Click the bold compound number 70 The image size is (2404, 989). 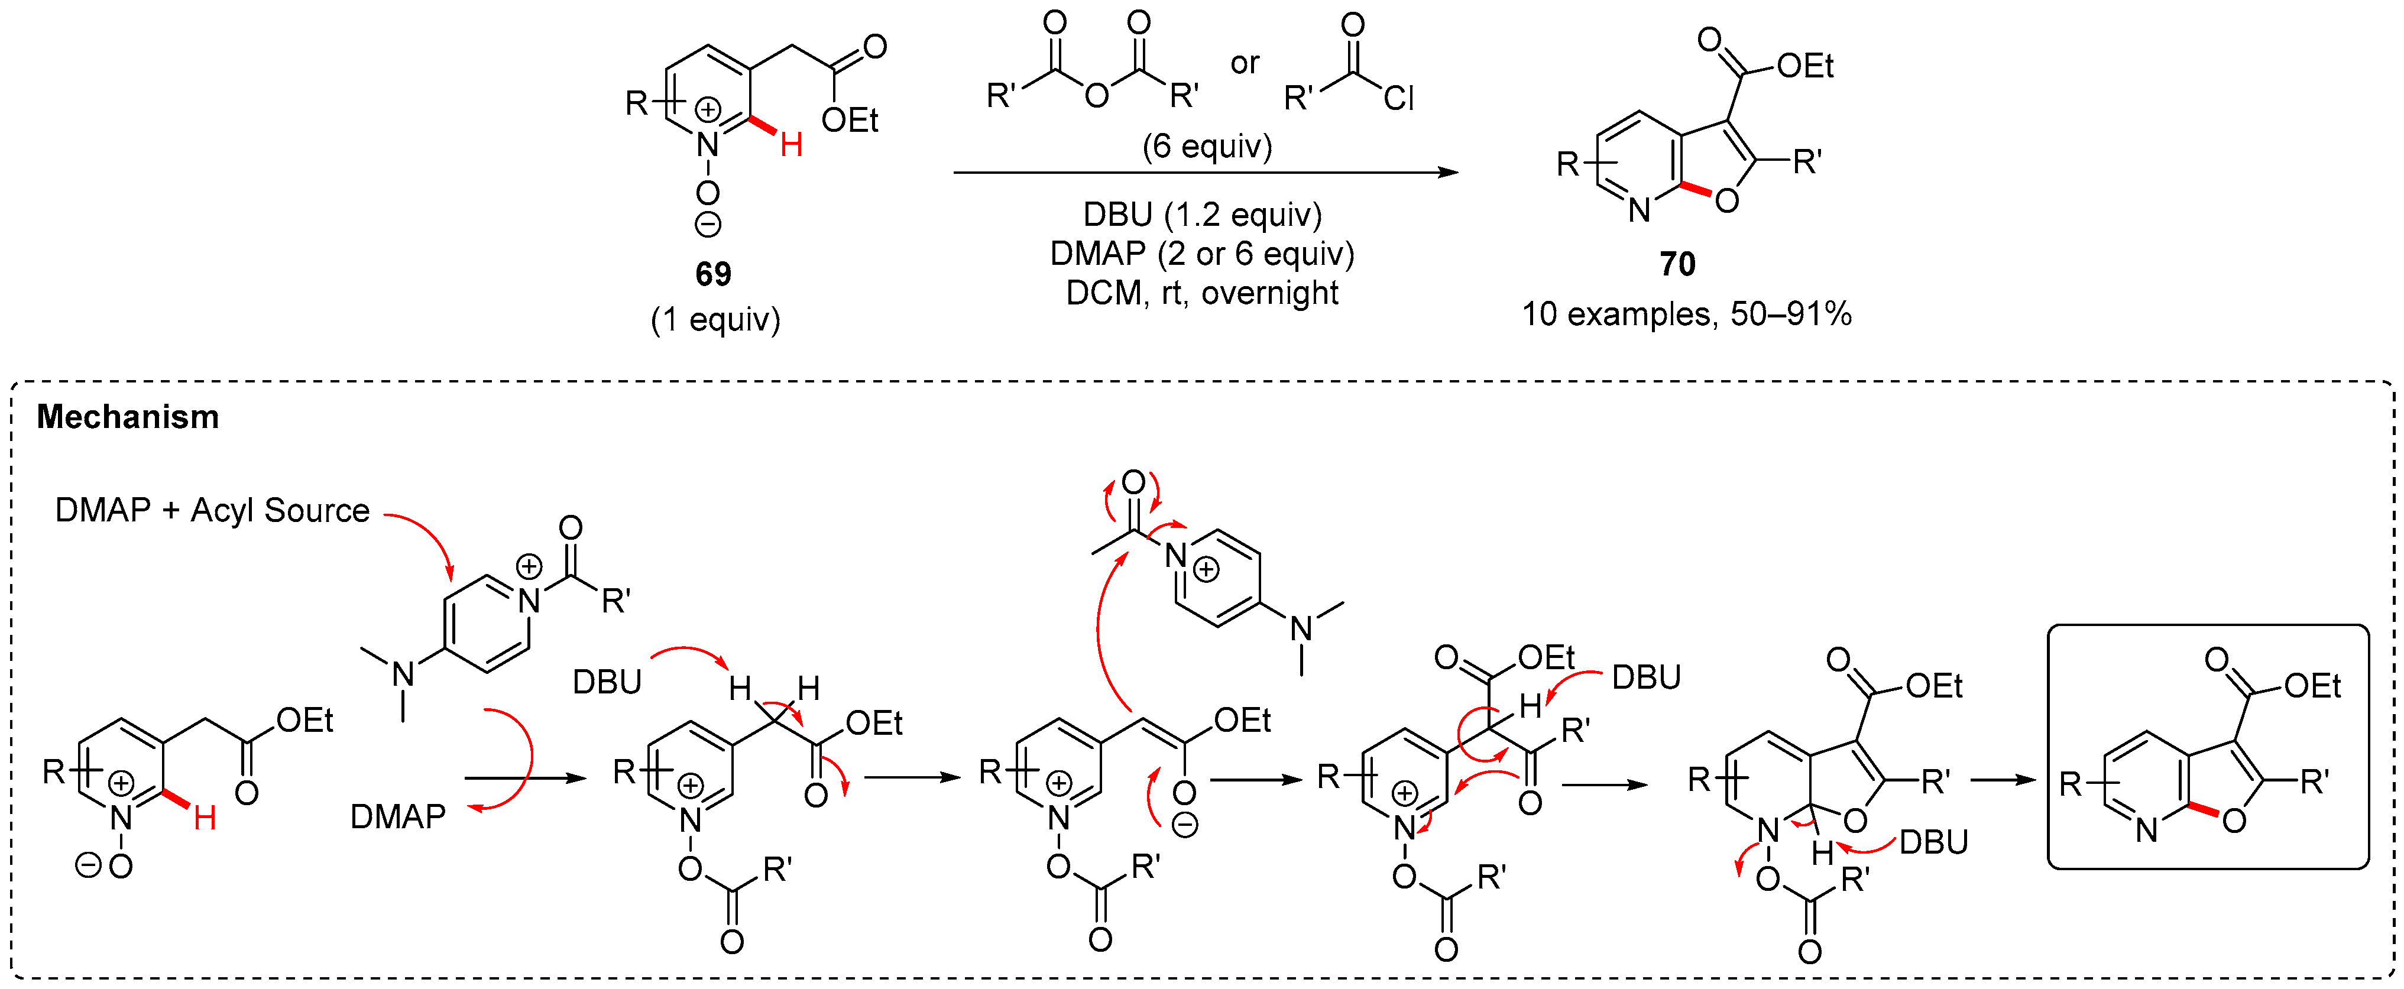(x=1677, y=264)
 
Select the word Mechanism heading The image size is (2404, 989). (x=128, y=417)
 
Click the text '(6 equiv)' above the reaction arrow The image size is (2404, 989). (x=1207, y=147)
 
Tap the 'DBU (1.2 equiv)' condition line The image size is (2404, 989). (x=1202, y=215)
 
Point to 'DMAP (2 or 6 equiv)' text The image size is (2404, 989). (x=1202, y=254)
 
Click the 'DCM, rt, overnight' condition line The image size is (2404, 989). (x=1202, y=293)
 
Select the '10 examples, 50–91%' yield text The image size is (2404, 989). (x=1686, y=314)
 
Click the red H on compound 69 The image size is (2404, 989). (x=791, y=145)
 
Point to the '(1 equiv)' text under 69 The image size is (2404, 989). (x=715, y=320)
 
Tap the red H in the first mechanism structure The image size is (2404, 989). (x=205, y=818)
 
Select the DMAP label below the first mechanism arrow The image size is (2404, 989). (x=397, y=818)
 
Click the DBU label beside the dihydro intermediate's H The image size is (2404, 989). (x=1933, y=842)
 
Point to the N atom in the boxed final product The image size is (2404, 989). (x=2146, y=829)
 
